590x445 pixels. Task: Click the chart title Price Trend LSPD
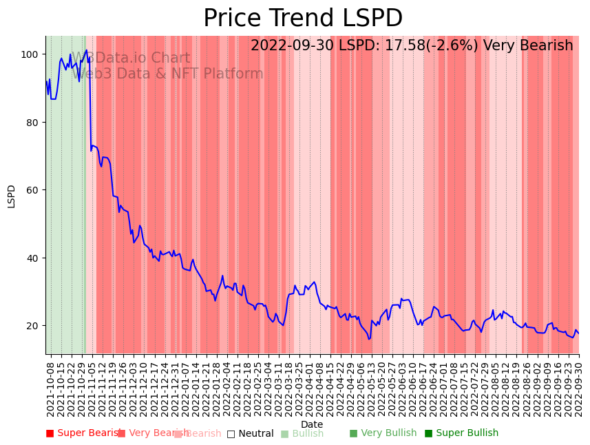(303, 19)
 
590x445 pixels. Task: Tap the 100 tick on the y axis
(32, 54)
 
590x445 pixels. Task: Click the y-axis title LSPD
(12, 196)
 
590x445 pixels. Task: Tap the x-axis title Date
(312, 424)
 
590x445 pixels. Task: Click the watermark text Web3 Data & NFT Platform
(168, 74)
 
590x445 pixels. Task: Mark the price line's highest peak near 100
(87, 50)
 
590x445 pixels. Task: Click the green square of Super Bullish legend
(428, 433)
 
